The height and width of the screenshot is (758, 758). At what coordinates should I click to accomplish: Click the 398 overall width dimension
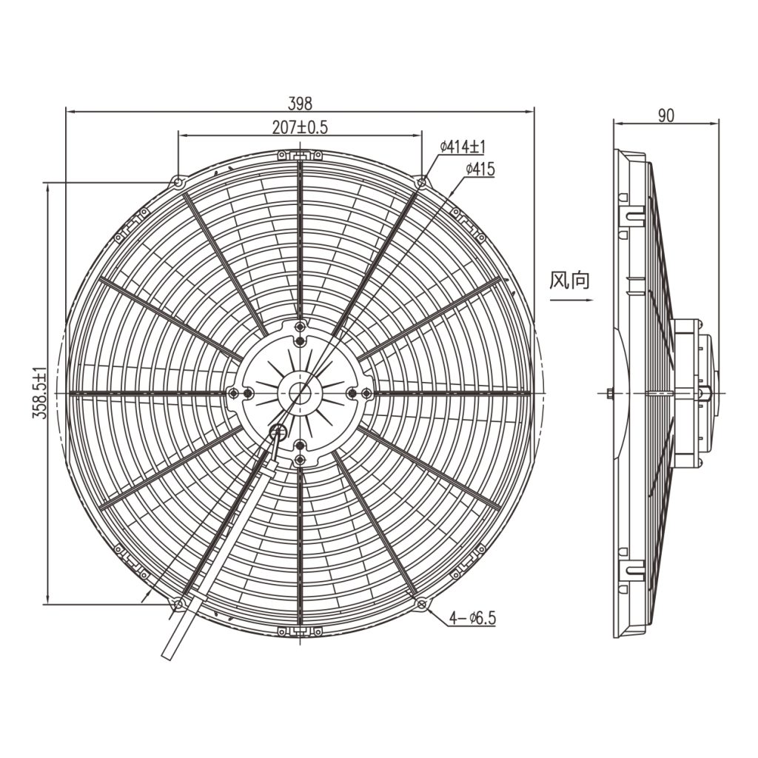pyautogui.click(x=301, y=103)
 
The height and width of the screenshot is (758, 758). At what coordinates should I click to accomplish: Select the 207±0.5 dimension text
pyautogui.click(x=300, y=127)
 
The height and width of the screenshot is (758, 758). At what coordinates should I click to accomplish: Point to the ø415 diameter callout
pyautogui.click(x=480, y=170)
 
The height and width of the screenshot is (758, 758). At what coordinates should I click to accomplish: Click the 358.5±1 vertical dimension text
pyautogui.click(x=40, y=393)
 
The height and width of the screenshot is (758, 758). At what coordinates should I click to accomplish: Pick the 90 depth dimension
pyautogui.click(x=665, y=115)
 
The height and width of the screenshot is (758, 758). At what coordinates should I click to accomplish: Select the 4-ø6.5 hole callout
pyautogui.click(x=473, y=618)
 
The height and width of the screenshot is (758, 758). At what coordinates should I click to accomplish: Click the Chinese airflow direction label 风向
pyautogui.click(x=569, y=281)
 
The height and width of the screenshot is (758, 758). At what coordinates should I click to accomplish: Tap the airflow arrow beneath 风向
pyautogui.click(x=571, y=301)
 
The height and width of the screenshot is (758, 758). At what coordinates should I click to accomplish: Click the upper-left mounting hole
pyautogui.click(x=178, y=183)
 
